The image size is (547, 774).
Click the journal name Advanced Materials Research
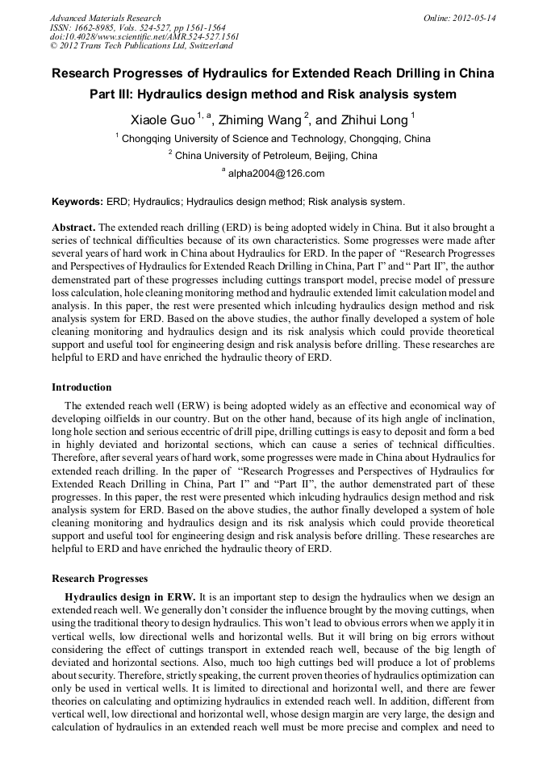point(105,18)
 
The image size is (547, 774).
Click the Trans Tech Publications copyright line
point(141,47)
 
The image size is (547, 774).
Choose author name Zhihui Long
point(374,119)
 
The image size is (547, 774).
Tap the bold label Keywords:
point(77,201)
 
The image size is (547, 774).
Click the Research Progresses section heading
point(99,579)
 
